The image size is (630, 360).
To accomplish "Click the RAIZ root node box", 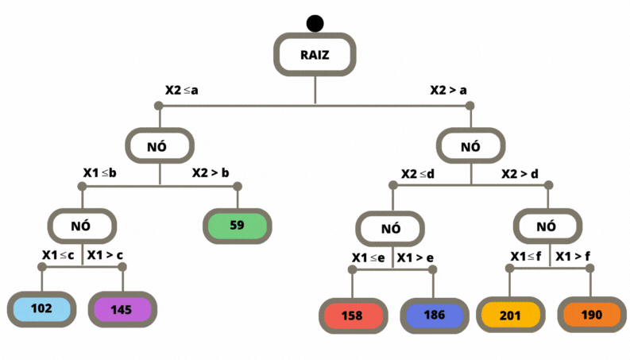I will click(x=315, y=55).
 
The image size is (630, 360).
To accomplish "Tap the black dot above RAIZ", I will click(x=315, y=25).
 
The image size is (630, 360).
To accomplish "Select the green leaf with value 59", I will click(x=237, y=225).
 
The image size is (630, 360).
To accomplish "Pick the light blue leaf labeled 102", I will click(x=42, y=309).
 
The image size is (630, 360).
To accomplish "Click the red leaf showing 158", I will click(x=352, y=315).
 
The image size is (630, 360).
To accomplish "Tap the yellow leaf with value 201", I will click(x=510, y=315).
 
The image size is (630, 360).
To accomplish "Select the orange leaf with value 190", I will click(x=591, y=315).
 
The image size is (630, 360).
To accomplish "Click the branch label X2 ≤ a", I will click(x=181, y=90).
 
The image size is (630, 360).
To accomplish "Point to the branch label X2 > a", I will click(x=448, y=90).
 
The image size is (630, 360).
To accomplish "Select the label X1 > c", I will click(x=106, y=255).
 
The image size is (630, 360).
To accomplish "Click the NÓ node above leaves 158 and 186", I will click(x=390, y=229).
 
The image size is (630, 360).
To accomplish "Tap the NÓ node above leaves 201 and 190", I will click(x=546, y=226).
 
